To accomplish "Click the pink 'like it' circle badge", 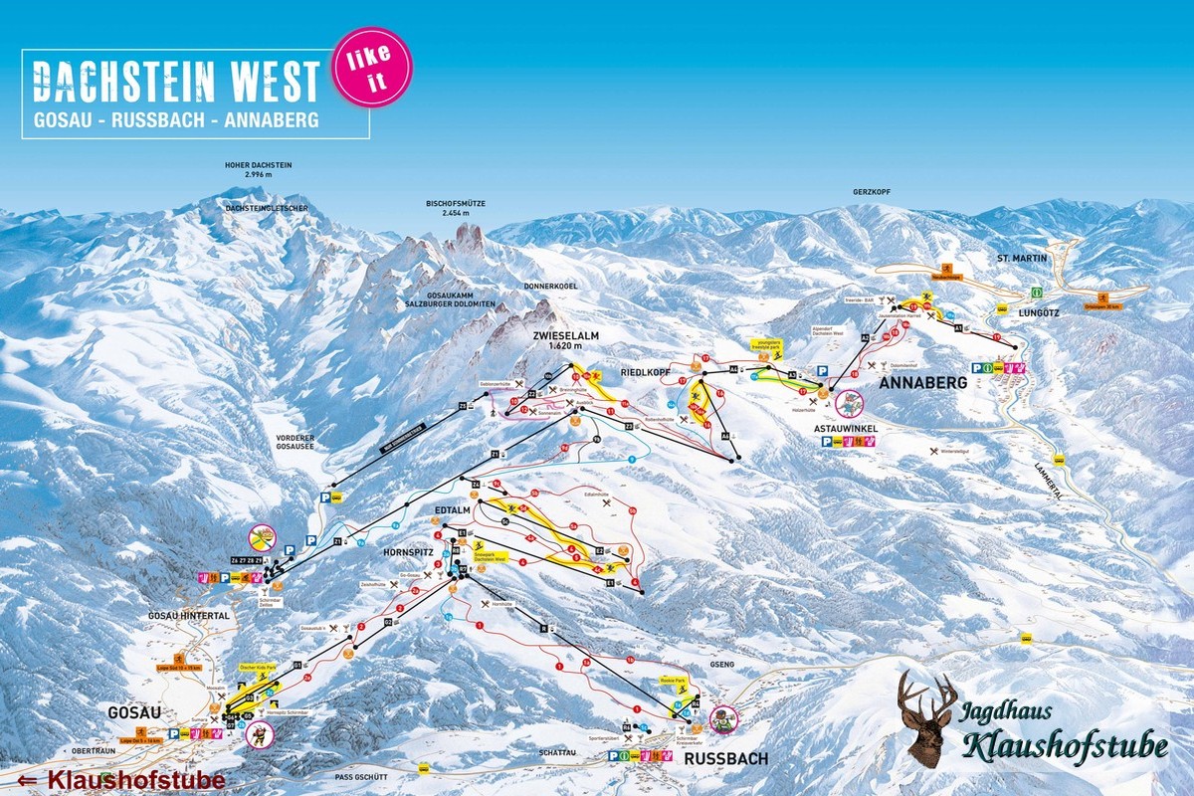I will point(371,67).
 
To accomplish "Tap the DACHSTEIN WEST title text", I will point(177,81).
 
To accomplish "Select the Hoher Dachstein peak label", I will point(258,169).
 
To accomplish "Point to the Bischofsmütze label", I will point(456,207).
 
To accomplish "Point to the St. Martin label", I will point(1017,258).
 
